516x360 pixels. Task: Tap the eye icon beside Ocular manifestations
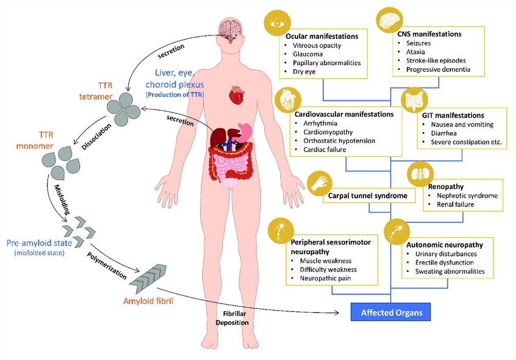pos(277,26)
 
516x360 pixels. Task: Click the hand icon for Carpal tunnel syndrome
pos(318,182)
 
